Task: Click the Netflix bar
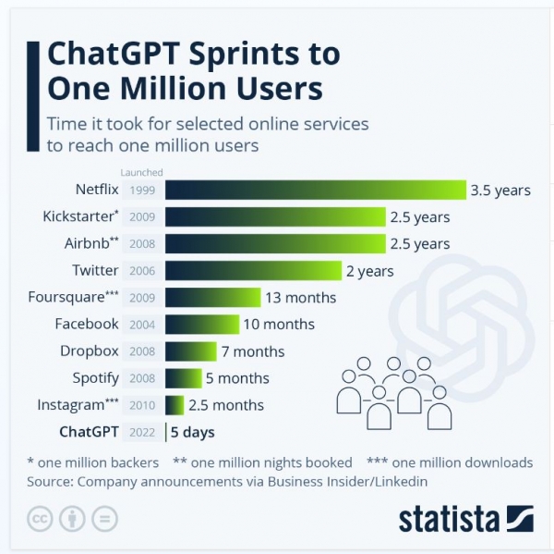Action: [316, 191]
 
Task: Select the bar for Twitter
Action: [253, 271]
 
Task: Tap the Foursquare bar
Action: [212, 298]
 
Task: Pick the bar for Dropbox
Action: [190, 351]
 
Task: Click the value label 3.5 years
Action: [500, 191]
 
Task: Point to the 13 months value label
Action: [301, 298]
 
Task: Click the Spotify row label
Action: [96, 378]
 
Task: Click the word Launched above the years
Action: [141, 172]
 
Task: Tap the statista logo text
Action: [448, 518]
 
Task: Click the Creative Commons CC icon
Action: [40, 518]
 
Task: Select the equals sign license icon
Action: [106, 518]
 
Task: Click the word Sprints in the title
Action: [251, 55]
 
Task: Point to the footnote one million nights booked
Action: [275, 462]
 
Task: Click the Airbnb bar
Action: [275, 244]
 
